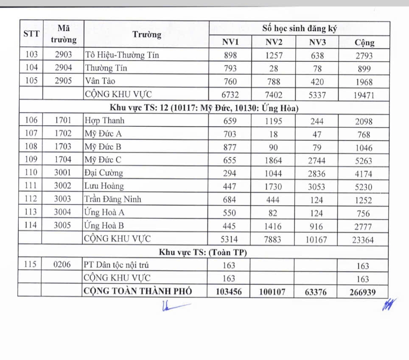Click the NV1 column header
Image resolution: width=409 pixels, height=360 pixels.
[x=231, y=42]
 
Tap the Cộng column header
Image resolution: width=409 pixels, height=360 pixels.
[x=364, y=42]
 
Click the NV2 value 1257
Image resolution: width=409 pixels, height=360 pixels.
[x=274, y=55]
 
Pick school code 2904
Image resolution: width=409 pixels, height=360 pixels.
[x=64, y=68]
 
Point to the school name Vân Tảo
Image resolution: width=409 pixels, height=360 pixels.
[x=100, y=81]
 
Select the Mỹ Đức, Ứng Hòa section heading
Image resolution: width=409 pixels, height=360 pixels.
[x=204, y=108]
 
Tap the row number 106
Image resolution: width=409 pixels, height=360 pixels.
[x=31, y=120]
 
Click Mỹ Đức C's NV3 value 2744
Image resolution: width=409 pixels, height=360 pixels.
[x=317, y=161]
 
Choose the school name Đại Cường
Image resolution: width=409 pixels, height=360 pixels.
[x=104, y=173]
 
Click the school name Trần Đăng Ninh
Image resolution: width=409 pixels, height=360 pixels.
[x=113, y=199]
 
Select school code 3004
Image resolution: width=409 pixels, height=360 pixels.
[x=64, y=212]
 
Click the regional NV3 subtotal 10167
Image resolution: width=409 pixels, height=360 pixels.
[x=316, y=240]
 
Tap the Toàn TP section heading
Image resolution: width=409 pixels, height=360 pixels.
[x=203, y=253]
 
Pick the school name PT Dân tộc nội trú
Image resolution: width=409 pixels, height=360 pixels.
[x=117, y=265]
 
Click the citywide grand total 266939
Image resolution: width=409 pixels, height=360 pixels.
[x=363, y=292]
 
